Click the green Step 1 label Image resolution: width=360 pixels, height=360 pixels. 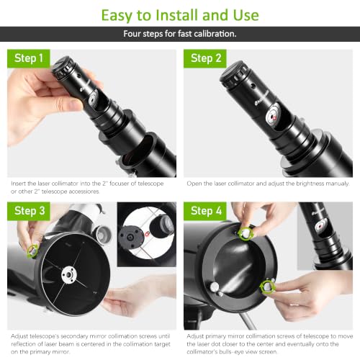pyautogui.click(x=29, y=58)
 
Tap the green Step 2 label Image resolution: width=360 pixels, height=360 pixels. pyautogui.click(x=205, y=58)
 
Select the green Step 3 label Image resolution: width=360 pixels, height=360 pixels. pyautogui.click(x=29, y=211)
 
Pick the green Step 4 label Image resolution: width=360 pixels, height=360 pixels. pyautogui.click(x=205, y=211)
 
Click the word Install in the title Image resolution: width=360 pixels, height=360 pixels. pyautogui.click(x=178, y=15)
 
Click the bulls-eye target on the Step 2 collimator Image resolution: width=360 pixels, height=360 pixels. pyautogui.click(x=273, y=116)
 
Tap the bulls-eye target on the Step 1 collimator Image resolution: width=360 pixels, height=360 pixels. pyautogui.click(x=93, y=99)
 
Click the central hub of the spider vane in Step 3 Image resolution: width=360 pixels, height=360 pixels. pyautogui.click(x=69, y=274)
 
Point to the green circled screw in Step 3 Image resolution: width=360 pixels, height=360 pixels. pyautogui.click(x=32, y=251)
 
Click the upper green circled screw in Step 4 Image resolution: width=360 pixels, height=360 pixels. pyautogui.click(x=246, y=233)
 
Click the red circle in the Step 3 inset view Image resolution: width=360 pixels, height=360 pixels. pyautogui.click(x=147, y=233)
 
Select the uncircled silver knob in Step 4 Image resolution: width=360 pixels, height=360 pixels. pyautogui.click(x=215, y=287)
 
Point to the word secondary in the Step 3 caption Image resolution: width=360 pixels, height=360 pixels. pyautogui.click(x=73, y=336)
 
